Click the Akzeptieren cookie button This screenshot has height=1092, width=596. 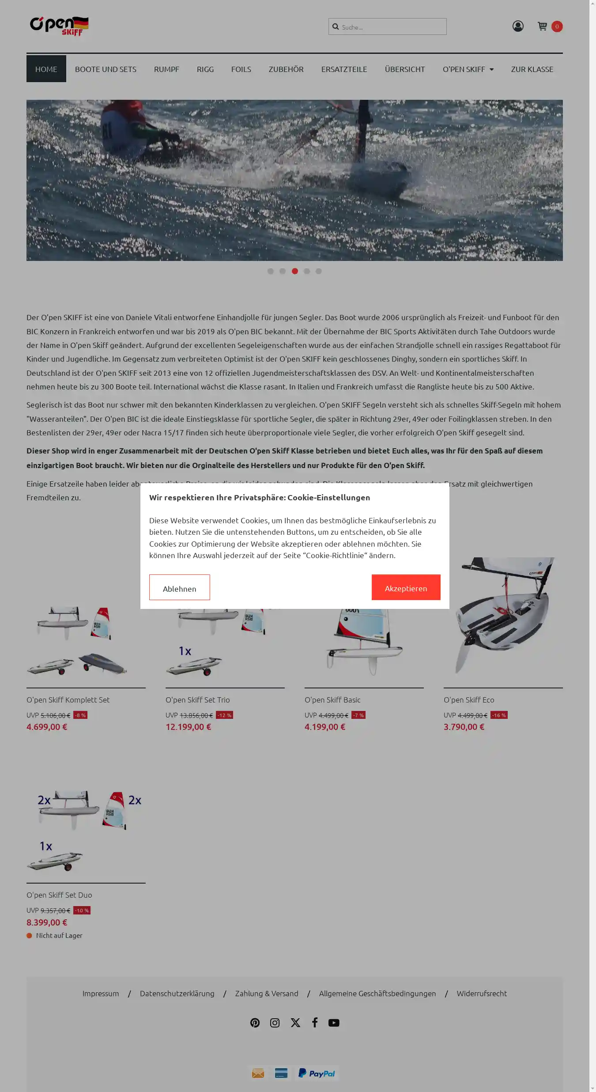406,587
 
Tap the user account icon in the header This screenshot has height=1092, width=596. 518,26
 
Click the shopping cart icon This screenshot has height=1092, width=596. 543,26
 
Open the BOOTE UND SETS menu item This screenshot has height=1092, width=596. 106,69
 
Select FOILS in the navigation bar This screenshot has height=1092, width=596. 241,69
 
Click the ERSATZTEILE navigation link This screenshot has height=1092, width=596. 344,69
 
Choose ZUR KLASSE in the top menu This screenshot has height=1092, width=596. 532,69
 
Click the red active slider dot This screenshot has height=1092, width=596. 295,271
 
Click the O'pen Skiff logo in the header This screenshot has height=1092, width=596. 59,26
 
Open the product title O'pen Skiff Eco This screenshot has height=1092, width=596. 469,700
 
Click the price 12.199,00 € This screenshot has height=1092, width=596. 189,727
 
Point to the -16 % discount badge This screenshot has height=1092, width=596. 499,715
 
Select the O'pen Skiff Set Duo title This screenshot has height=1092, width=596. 59,895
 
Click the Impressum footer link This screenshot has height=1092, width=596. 101,994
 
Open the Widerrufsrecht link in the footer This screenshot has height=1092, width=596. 482,994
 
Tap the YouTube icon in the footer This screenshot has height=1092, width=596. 334,1023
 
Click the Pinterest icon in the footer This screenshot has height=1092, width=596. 255,1023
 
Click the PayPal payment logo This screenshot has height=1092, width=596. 317,1073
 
